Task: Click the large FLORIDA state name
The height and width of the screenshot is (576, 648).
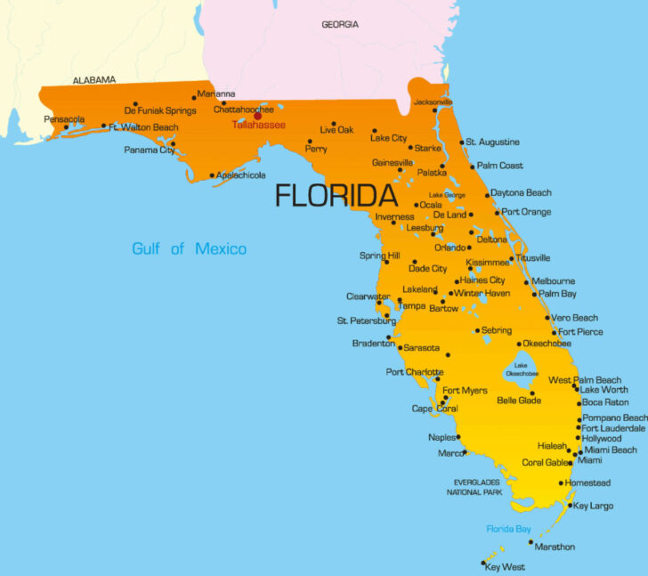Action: pos(336,195)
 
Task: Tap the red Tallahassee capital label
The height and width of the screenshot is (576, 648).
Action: pos(258,126)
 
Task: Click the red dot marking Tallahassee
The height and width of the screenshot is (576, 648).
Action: pos(258,115)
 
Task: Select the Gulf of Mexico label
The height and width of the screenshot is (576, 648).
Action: pos(189,248)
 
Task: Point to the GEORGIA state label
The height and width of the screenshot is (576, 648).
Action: pos(340,24)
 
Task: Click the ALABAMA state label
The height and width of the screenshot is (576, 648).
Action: pos(94,80)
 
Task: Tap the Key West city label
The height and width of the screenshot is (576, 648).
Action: pos(505,567)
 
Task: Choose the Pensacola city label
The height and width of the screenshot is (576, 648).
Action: pos(63,118)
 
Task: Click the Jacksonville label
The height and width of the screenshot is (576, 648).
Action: pos(433,101)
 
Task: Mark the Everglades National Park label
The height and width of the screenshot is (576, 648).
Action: pos(476,487)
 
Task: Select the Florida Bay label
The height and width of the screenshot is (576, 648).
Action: pos(508,529)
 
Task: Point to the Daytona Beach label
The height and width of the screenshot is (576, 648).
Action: pos(522,193)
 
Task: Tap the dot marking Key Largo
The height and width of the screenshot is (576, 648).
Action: pos(570,506)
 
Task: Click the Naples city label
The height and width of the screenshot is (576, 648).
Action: pos(442,437)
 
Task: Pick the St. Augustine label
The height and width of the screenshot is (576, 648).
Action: pos(492,142)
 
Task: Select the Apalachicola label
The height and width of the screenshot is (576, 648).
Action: pos(240,175)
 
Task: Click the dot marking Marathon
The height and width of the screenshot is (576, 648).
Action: pos(531,541)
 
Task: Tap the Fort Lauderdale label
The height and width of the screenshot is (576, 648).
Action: pos(614,428)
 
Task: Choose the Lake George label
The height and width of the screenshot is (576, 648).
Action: pos(447,195)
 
